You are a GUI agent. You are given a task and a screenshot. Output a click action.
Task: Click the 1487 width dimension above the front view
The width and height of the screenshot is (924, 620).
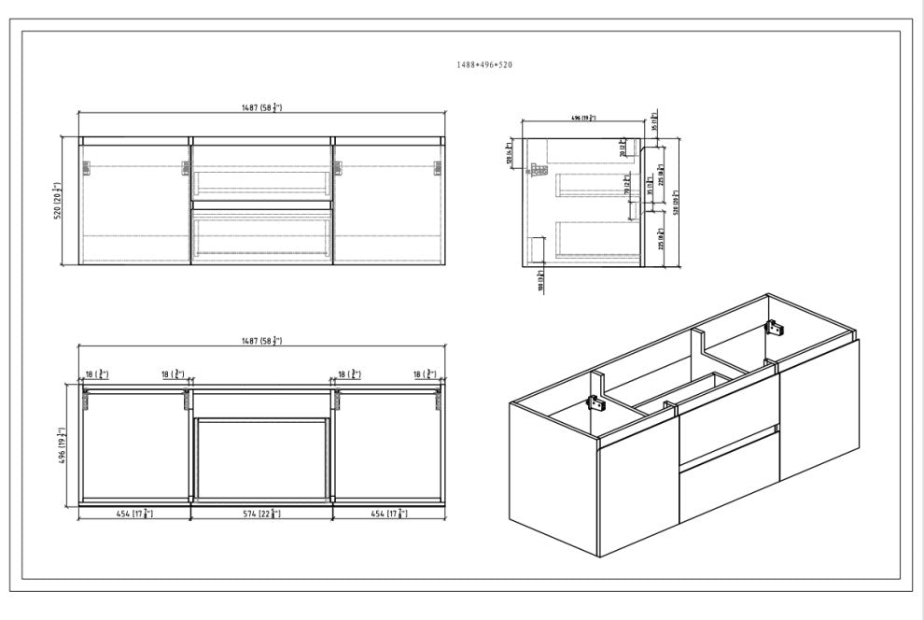[261, 109]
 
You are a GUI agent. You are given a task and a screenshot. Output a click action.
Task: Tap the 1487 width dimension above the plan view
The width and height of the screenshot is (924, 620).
[261, 343]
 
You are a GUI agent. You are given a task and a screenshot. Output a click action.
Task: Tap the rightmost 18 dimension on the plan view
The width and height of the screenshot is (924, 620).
[430, 374]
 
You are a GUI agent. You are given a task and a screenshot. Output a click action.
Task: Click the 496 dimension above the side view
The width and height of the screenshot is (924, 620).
[581, 118]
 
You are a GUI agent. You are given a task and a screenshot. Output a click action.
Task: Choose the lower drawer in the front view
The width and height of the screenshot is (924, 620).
[261, 235]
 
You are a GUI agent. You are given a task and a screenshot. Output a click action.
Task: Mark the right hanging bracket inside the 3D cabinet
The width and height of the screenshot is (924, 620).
[773, 329]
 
